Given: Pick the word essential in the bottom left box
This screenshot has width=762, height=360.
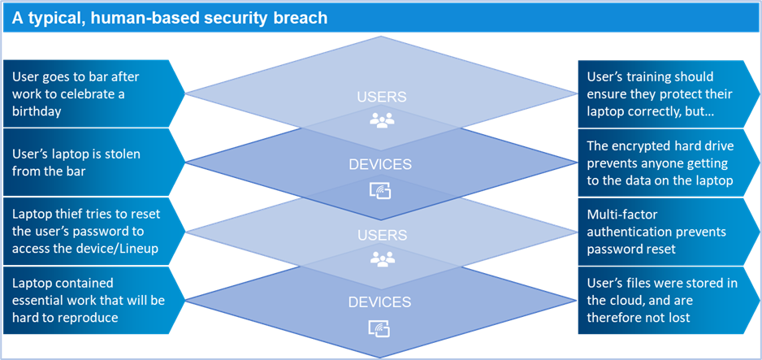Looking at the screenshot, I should tap(41, 301).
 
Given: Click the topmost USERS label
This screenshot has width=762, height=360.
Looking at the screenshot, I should tap(380, 98).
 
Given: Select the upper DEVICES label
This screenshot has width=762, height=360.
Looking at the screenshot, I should tap(380, 165).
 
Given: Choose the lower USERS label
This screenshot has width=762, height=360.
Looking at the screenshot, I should tap(380, 234).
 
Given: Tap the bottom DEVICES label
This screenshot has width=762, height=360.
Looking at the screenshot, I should tap(380, 301).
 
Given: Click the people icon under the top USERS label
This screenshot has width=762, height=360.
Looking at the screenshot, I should tap(380, 121).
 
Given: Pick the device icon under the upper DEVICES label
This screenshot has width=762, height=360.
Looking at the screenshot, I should tap(380, 190).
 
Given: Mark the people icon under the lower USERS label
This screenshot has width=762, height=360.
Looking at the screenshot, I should tap(380, 258).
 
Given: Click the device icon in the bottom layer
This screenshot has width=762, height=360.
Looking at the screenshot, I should tap(380, 328).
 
